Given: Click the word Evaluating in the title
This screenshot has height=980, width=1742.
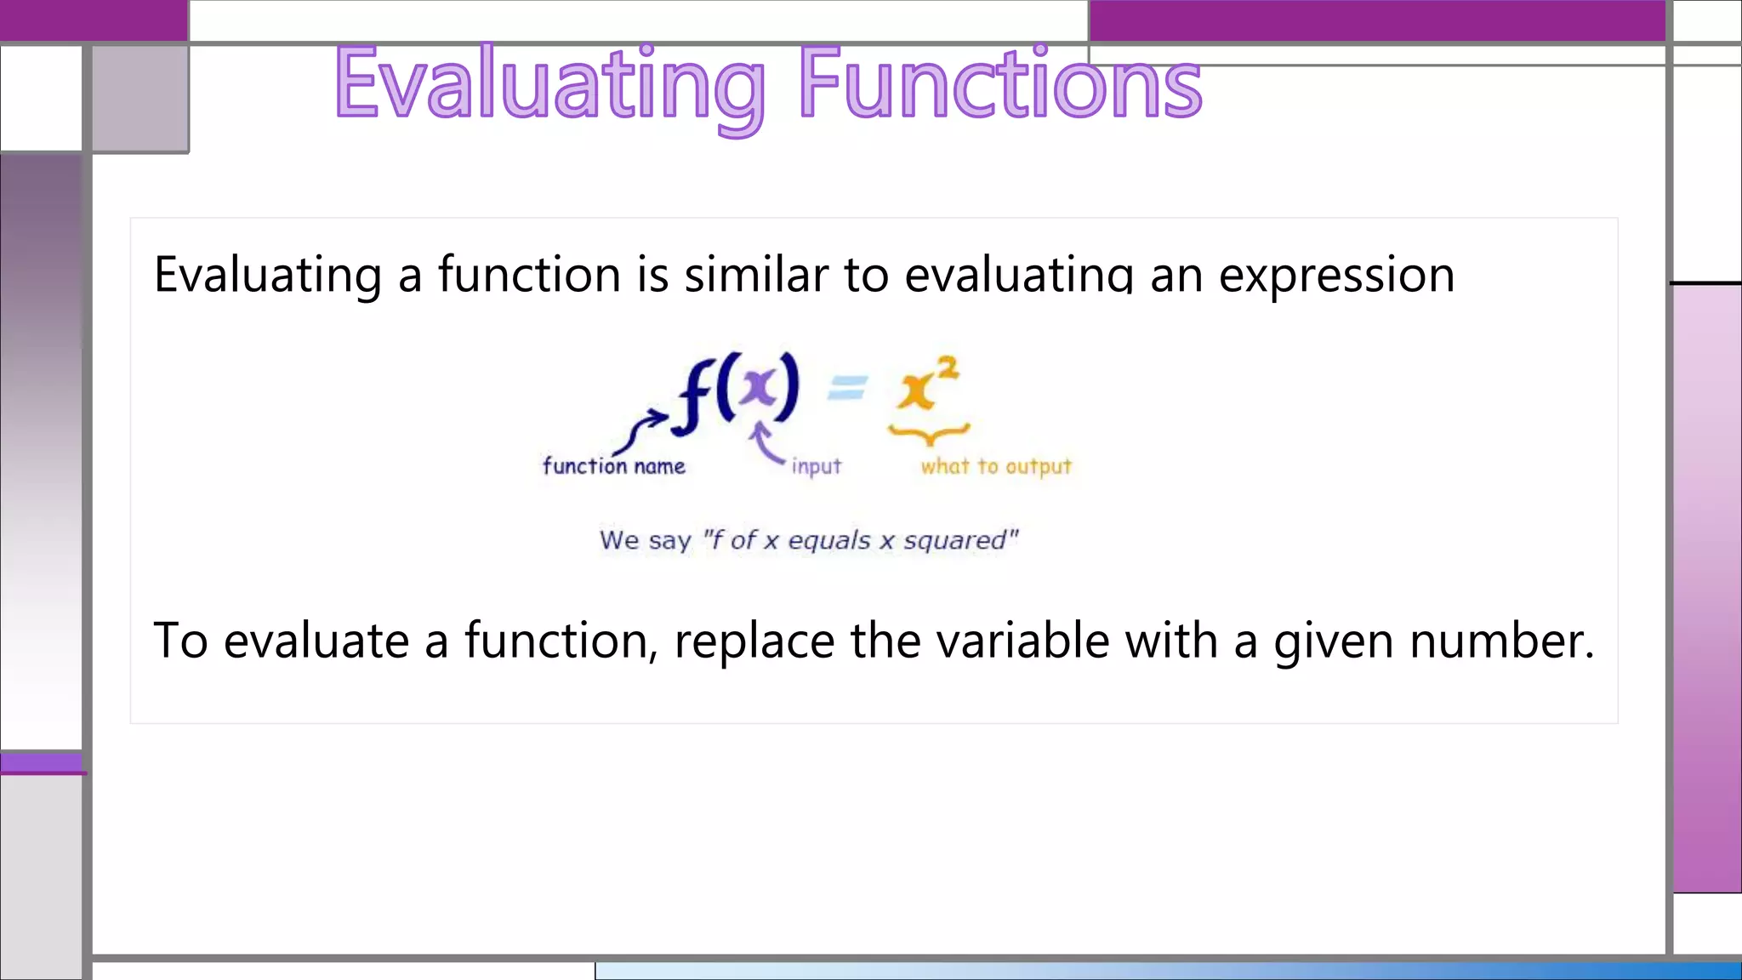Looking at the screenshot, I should click(x=549, y=85).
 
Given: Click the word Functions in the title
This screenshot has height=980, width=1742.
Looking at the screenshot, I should click(x=1000, y=85).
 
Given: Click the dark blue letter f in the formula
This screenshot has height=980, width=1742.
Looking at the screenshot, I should click(x=693, y=396).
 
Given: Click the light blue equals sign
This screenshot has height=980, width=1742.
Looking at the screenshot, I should click(x=847, y=388).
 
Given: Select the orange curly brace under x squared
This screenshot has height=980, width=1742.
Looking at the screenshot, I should click(x=929, y=435).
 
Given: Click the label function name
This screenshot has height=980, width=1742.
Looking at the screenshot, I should click(x=613, y=466).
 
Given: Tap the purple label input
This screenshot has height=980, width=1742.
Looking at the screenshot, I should click(x=816, y=466).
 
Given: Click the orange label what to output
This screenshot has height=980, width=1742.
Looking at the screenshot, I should click(x=995, y=466).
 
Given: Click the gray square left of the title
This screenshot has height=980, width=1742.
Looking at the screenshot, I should click(x=140, y=98).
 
